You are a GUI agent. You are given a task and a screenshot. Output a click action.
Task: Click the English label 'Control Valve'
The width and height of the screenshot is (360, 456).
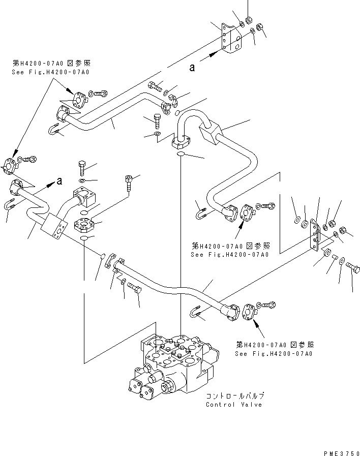234,405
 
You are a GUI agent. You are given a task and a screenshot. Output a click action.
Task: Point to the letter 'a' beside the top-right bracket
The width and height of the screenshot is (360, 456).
192,68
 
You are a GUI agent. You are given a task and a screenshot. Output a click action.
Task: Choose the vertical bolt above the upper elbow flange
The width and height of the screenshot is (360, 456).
157,121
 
